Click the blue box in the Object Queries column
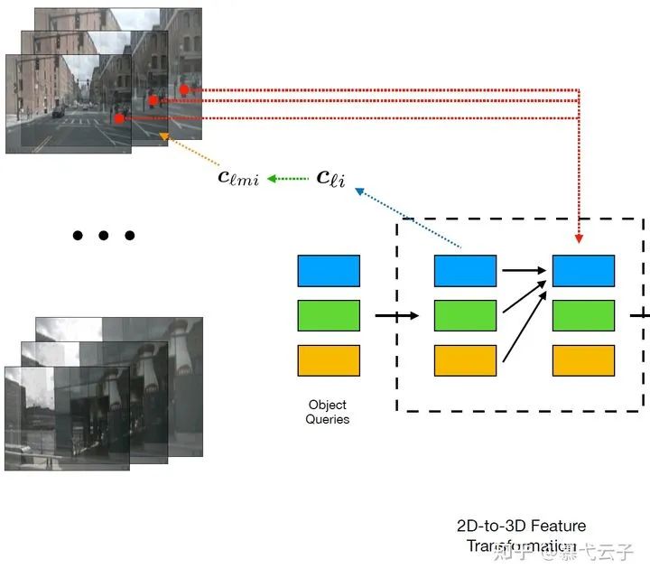tap(329, 271)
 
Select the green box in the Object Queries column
tap(329, 315)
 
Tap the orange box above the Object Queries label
tap(329, 360)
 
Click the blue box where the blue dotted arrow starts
tap(465, 271)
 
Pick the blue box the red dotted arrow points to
tap(583, 271)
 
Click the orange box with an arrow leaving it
tap(465, 360)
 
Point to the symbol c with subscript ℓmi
tap(238, 178)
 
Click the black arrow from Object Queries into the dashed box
tap(397, 315)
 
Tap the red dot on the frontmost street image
tap(119, 118)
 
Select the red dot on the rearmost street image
tap(184, 89)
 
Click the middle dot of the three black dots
tap(104, 236)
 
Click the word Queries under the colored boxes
tap(328, 419)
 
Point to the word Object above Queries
tap(328, 405)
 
